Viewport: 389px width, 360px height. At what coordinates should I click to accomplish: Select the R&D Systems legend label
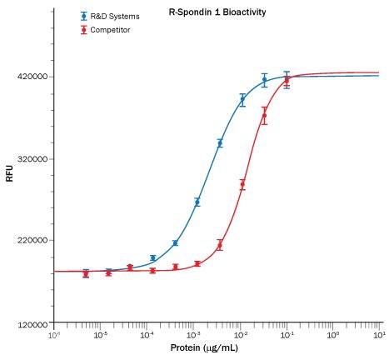(x=115, y=17)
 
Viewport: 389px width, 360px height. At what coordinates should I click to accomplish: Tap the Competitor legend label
(x=111, y=30)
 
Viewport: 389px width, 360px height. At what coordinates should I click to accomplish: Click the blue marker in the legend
(x=83, y=17)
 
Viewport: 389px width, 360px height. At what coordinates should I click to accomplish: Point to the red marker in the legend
(x=83, y=30)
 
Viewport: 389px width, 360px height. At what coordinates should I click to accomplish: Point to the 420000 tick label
(x=31, y=77)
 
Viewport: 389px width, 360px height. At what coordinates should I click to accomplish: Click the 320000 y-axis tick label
(x=31, y=158)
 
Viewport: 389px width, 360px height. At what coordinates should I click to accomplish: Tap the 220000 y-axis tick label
(x=31, y=241)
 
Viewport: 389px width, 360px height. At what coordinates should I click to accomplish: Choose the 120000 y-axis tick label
(x=31, y=323)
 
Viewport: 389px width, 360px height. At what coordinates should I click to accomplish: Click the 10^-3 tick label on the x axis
(x=192, y=335)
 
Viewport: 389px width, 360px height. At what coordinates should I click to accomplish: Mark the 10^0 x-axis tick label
(x=332, y=335)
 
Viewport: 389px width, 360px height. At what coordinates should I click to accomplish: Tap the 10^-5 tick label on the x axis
(x=100, y=335)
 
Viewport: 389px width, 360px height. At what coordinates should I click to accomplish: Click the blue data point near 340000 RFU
(x=220, y=143)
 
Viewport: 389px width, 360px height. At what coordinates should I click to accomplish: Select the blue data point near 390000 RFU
(x=242, y=99)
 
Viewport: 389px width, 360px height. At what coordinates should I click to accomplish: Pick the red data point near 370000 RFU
(x=264, y=116)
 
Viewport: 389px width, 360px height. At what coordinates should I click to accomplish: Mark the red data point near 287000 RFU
(x=242, y=185)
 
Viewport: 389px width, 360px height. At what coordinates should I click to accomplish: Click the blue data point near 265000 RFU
(x=197, y=202)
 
